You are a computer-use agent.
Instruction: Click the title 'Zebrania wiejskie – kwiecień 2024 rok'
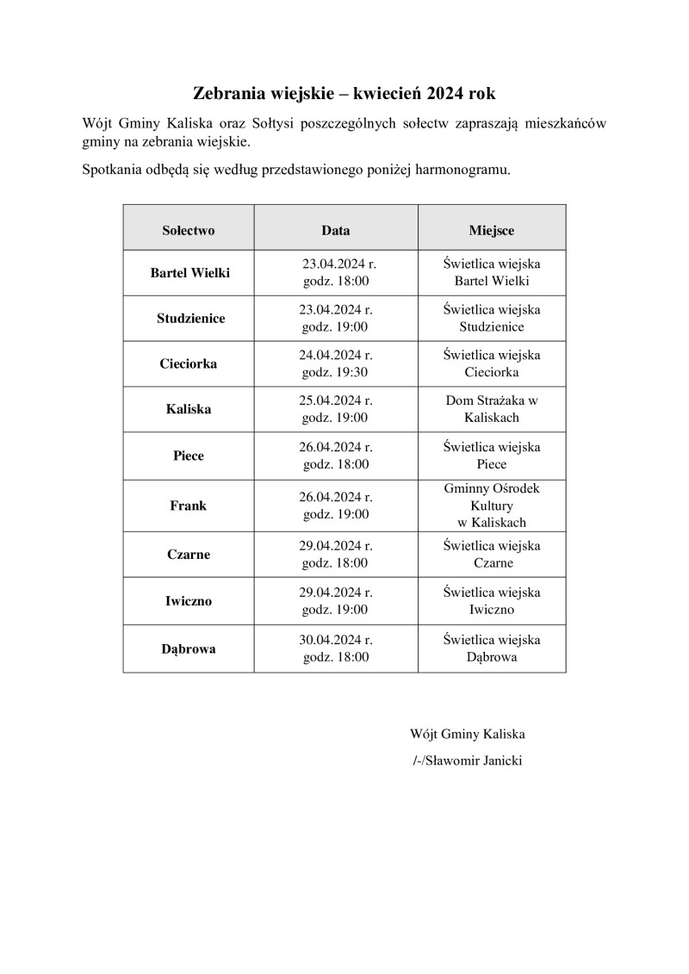(x=344, y=92)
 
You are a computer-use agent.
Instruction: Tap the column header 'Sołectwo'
(x=189, y=231)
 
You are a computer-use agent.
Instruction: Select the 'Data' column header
(x=336, y=231)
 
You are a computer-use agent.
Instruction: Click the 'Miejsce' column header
(x=492, y=231)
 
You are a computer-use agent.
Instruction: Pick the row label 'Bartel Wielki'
(x=190, y=273)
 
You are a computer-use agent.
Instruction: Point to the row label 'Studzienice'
(x=190, y=319)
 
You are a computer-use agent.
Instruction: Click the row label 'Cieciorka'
(x=189, y=364)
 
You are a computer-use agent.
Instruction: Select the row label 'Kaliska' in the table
(x=189, y=410)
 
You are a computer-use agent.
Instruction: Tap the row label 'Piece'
(x=189, y=456)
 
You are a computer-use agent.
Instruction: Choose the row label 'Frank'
(x=189, y=506)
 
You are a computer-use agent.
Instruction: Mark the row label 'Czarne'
(x=189, y=555)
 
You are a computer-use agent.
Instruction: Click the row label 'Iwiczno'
(x=189, y=601)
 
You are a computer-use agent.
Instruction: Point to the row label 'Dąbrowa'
(x=189, y=648)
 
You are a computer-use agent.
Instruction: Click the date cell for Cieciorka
(x=336, y=364)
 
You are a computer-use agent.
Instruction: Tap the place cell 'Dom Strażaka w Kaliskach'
(x=492, y=410)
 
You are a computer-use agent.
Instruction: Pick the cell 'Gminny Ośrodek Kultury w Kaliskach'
(x=492, y=506)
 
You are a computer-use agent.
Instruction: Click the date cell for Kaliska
(x=336, y=410)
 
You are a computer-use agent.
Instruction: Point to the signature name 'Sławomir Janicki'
(x=473, y=760)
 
